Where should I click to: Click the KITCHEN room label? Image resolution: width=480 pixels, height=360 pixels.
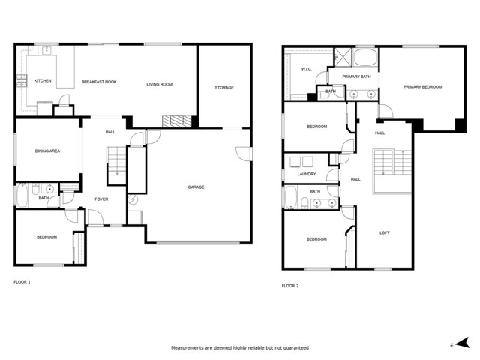pos(43,81)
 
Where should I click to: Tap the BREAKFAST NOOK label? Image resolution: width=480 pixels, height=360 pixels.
pos(99,82)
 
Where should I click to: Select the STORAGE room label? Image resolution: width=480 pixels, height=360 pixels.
pos(224,88)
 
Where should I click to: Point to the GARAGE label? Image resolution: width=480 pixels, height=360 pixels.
pos(196,187)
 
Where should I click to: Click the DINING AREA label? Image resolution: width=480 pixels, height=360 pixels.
pos(47,151)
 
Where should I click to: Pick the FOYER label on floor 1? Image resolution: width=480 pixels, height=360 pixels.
pos(101,199)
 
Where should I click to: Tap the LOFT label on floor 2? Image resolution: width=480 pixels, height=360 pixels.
pos(385,233)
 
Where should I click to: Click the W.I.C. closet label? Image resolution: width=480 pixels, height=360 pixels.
pos(307,69)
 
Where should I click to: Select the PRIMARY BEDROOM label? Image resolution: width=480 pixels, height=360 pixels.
pos(422,87)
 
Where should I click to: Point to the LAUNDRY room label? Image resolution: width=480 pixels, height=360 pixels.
pos(307,174)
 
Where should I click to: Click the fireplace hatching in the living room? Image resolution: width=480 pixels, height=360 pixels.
pos(176,121)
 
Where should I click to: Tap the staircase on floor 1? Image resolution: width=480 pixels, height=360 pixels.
pos(117,165)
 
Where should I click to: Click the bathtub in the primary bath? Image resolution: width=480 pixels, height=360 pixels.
pos(365,57)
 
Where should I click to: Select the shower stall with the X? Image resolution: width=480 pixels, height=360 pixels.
pos(343,57)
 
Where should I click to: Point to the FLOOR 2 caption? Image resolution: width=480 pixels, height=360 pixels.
pos(290,286)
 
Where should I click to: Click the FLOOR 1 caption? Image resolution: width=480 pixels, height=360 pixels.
pos(22,282)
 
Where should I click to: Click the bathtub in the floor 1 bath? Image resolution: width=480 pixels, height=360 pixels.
pos(22,195)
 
